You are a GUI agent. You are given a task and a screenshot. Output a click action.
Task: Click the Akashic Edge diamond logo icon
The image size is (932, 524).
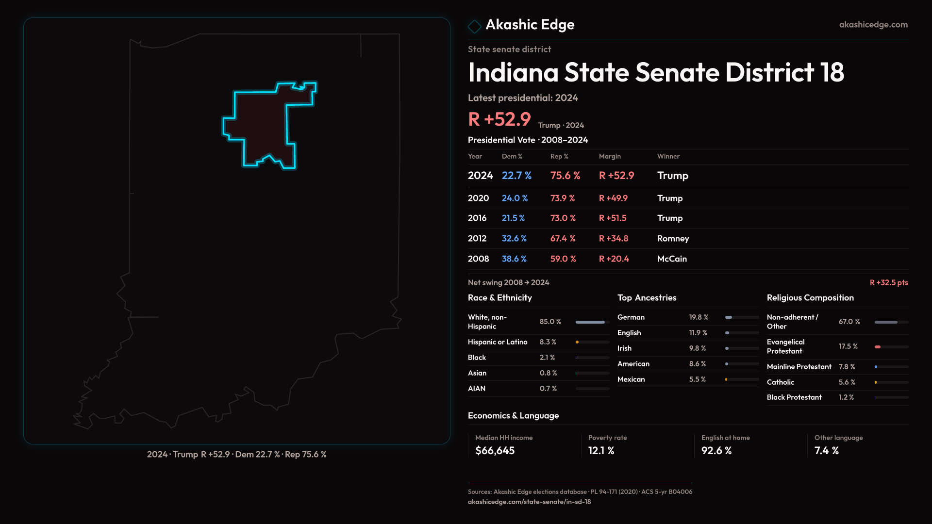(474, 26)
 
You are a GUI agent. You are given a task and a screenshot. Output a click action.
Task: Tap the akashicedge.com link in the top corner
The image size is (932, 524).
(873, 24)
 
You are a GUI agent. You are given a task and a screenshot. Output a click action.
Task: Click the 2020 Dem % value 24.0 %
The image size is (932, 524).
(515, 198)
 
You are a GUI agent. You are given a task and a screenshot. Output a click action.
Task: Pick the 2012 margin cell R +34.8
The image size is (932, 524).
(614, 238)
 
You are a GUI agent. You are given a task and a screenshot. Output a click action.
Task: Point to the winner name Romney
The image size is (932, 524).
(673, 238)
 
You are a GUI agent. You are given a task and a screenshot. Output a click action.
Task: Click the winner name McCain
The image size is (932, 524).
(672, 259)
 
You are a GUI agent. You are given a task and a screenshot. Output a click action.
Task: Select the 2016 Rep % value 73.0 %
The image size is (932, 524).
(563, 218)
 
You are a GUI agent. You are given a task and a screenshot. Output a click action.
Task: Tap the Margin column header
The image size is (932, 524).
(610, 156)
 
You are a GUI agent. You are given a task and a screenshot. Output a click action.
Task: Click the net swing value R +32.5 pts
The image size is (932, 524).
(888, 282)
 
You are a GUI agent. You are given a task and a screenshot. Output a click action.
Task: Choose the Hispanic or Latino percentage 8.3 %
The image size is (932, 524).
(548, 342)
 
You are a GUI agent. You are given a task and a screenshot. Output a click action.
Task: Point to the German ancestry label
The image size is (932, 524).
(631, 317)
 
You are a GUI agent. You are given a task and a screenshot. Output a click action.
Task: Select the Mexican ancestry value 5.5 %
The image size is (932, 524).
(698, 379)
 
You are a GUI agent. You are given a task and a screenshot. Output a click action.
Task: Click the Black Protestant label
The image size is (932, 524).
(794, 397)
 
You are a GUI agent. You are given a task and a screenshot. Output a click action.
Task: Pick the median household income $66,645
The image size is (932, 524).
(495, 451)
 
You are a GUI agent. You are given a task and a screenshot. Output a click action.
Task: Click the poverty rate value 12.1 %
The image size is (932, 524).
(601, 451)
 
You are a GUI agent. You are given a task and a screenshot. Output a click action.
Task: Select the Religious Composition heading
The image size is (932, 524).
(810, 298)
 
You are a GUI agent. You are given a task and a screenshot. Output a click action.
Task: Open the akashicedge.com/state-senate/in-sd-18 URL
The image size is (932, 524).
(529, 502)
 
